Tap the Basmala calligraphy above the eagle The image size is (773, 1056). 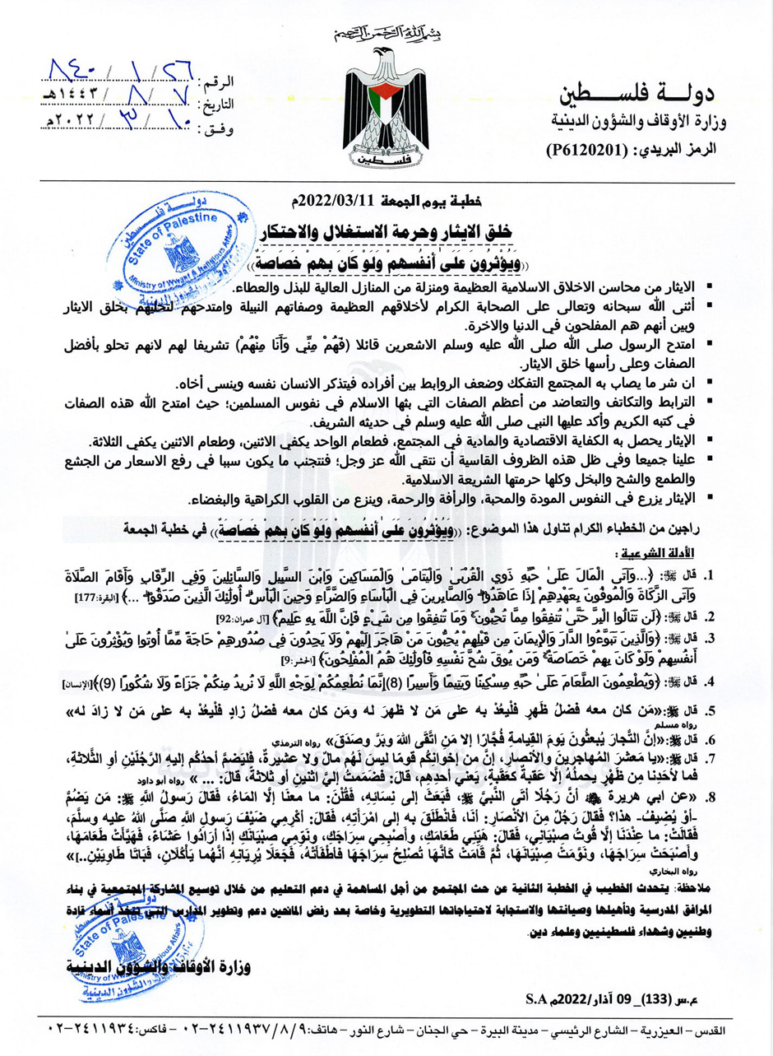point(386,33)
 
